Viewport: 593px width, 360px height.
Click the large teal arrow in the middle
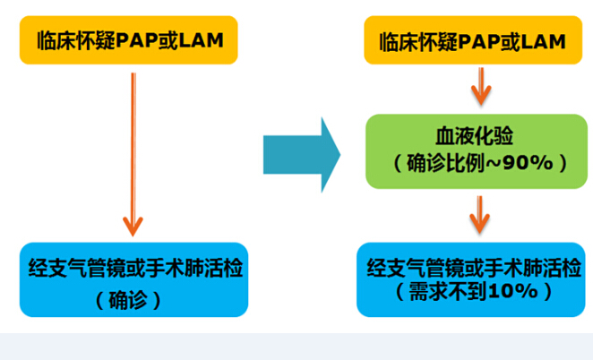pyautogui.click(x=302, y=155)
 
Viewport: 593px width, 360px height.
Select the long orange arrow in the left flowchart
pyautogui.click(x=133, y=154)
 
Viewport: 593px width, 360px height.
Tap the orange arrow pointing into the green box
pyautogui.click(x=481, y=87)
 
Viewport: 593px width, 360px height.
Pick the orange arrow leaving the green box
pyautogui.click(x=480, y=215)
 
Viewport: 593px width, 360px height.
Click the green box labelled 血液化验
pyautogui.click(x=477, y=151)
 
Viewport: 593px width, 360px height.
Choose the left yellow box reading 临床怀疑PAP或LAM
pyautogui.click(x=129, y=40)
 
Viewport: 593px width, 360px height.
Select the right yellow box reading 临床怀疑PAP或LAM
pyautogui.click(x=473, y=40)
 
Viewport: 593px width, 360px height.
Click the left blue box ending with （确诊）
pyautogui.click(x=133, y=279)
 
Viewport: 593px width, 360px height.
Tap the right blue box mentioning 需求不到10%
pyautogui.click(x=471, y=279)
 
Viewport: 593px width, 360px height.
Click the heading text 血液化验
pyautogui.click(x=475, y=136)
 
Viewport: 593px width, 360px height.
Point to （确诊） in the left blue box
pyautogui.click(x=129, y=301)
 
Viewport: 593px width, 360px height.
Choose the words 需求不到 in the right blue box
pyautogui.click(x=449, y=292)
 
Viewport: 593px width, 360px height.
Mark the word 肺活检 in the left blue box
pyautogui.click(x=213, y=268)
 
